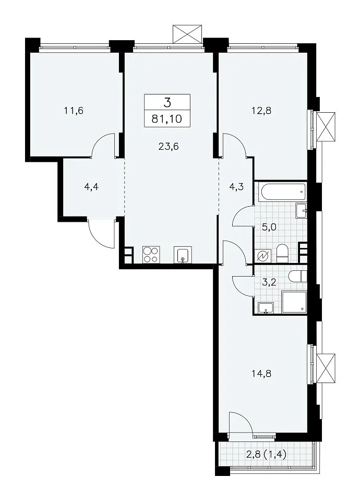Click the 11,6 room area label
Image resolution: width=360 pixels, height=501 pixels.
tap(74, 111)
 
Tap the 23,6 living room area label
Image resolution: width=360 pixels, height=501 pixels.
tap(169, 147)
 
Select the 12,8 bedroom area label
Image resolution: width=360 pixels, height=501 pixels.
tap(261, 111)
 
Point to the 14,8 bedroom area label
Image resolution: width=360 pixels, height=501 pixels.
tap(261, 373)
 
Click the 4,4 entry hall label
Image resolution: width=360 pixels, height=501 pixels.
tap(91, 187)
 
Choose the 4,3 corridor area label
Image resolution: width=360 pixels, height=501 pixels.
tap(237, 187)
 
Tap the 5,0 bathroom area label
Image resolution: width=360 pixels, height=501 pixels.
tap(269, 228)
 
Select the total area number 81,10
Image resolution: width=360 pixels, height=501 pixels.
tap(167, 119)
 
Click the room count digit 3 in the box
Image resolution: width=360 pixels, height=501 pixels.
tap(167, 103)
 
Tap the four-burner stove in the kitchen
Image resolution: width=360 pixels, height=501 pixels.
tap(151, 255)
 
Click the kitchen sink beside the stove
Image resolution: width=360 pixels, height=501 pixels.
tap(183, 255)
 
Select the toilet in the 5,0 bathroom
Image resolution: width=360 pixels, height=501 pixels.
tap(282, 254)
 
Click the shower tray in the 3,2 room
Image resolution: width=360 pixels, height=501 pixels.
tap(294, 302)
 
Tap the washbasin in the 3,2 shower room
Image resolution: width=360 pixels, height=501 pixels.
tap(266, 308)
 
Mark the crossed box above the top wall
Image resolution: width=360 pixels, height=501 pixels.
tap(187, 34)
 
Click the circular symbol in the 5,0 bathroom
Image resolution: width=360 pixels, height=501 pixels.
tap(264, 256)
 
